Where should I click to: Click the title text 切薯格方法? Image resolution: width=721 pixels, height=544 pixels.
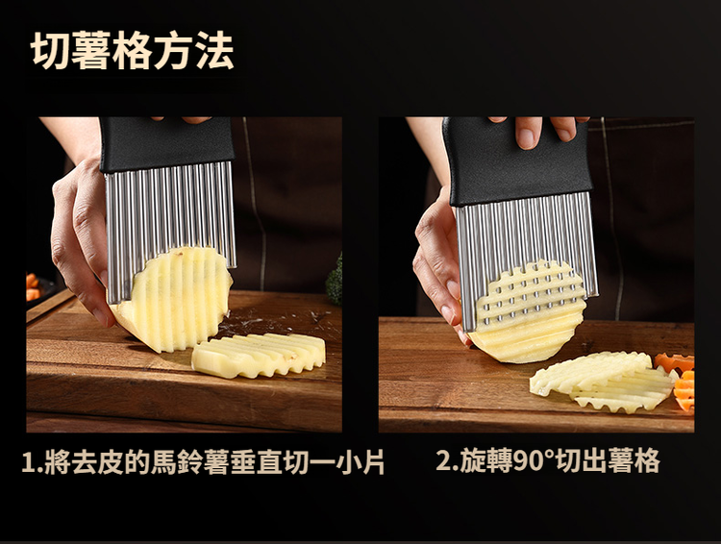click(133, 51)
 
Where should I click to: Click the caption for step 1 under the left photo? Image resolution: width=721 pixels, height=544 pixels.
click(203, 461)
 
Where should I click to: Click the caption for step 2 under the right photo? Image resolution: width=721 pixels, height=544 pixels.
click(548, 459)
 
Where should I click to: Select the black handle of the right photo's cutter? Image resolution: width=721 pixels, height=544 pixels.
click(517, 161)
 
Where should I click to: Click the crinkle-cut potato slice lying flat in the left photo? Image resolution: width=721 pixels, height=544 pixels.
click(259, 355)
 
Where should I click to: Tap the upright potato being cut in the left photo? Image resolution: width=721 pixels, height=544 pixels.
click(175, 299)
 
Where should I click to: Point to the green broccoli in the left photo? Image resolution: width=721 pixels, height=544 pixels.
click(335, 280)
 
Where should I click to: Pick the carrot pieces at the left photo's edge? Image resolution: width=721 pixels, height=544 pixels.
click(32, 287)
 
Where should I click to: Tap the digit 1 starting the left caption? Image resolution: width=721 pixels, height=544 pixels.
click(28, 462)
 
